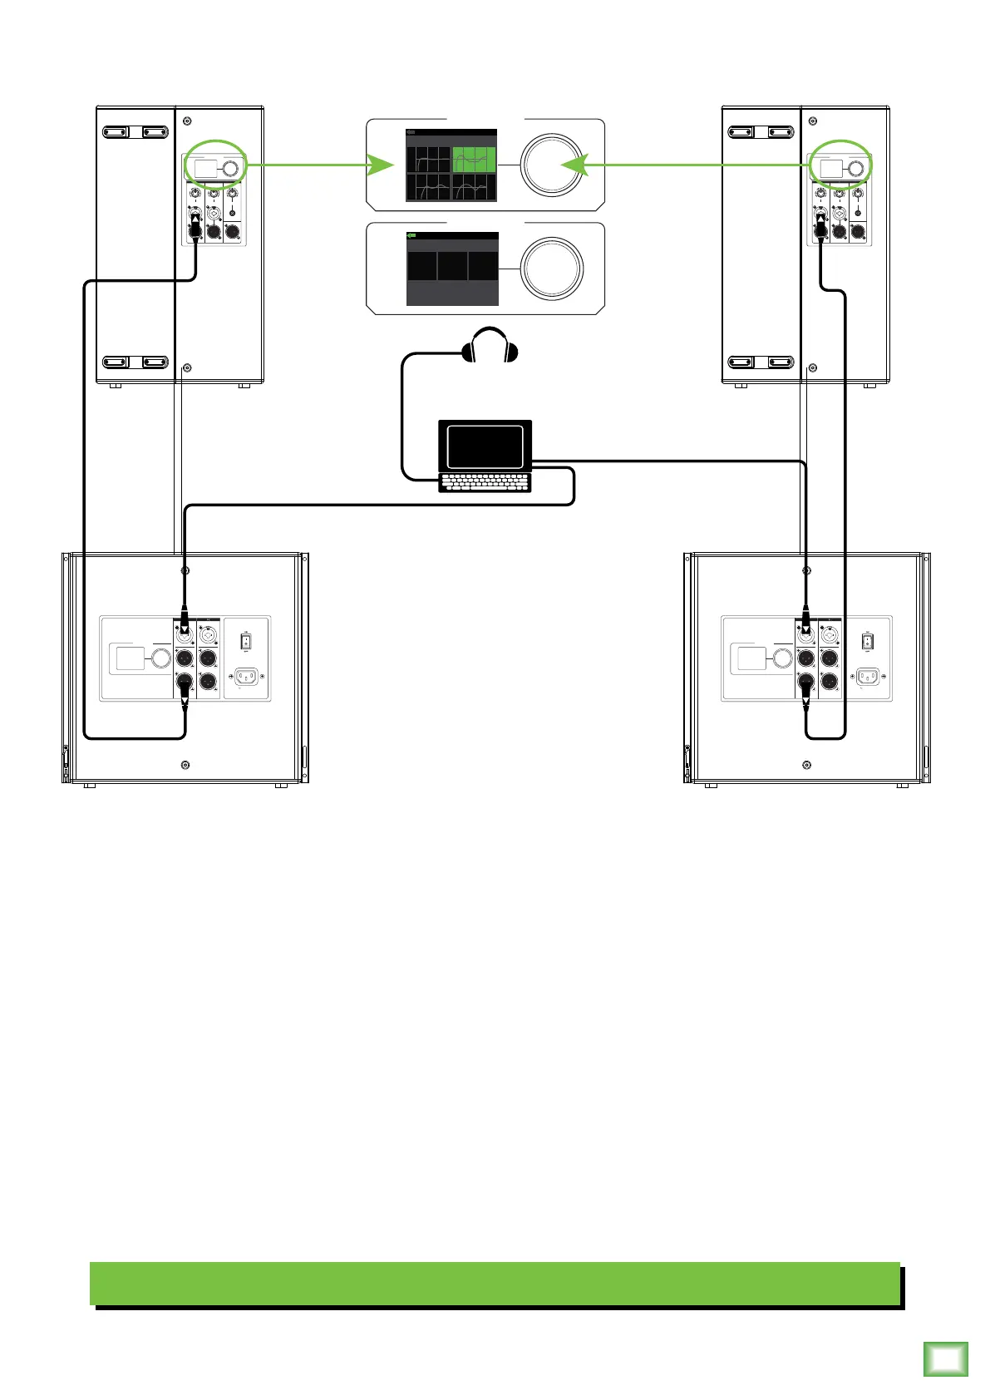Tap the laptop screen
point(485,446)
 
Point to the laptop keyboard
point(485,482)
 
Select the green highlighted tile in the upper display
point(474,160)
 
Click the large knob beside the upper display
point(552,165)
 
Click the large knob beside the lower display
point(552,269)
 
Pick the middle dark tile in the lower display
point(452,267)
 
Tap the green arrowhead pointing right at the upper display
point(381,165)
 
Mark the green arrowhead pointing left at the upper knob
point(575,165)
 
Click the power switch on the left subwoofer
point(246,642)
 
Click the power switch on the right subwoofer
point(868,642)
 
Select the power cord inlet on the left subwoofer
point(246,677)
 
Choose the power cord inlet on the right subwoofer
point(868,677)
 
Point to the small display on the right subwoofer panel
point(751,659)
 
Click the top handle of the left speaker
point(135,131)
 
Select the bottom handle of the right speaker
point(760,362)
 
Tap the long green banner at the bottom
point(495,1284)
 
